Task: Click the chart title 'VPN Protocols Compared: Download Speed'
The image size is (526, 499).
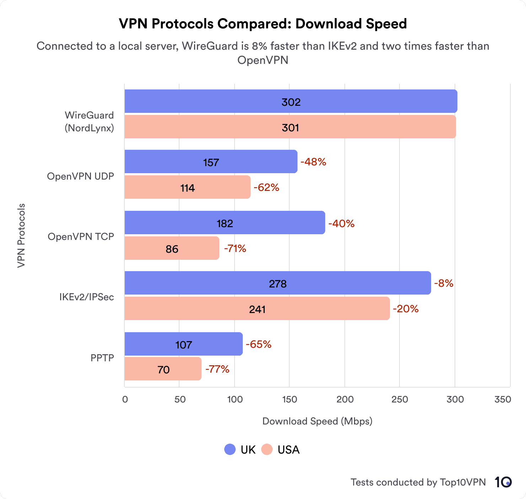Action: tap(263, 24)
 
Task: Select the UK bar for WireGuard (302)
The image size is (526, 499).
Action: tap(291, 102)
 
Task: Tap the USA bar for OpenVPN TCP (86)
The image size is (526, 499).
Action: tap(172, 248)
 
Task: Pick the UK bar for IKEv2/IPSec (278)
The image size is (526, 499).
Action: tap(278, 283)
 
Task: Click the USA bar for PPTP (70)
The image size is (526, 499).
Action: tap(163, 369)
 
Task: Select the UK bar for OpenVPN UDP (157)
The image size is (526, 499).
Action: tap(211, 162)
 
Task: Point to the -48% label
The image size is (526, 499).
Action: tap(313, 162)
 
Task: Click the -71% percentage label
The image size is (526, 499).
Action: tap(235, 248)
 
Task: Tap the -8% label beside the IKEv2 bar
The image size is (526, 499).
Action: tap(444, 283)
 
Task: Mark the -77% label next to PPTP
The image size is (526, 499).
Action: tap(217, 369)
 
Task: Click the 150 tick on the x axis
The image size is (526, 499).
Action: tap(289, 399)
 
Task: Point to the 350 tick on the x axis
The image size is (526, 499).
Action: tap(503, 399)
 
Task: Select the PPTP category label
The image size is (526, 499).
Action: tap(102, 358)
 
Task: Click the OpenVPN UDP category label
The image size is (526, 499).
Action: tap(81, 176)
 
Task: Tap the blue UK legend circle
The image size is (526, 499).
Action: tap(230, 449)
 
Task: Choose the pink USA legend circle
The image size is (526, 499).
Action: tap(267, 449)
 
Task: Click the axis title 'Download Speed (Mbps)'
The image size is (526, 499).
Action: tap(317, 421)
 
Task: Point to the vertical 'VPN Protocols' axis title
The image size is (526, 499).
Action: tap(21, 236)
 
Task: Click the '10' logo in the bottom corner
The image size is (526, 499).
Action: tap(503, 482)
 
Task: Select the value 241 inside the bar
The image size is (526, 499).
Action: tap(257, 309)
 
